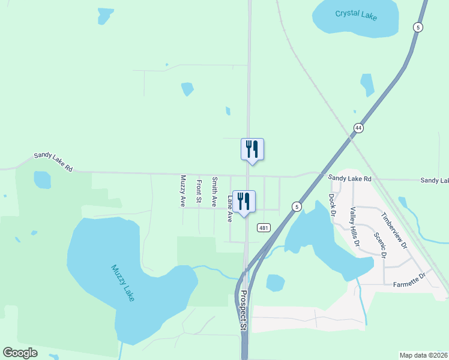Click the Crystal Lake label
(x=356, y=14)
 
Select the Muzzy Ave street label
(x=183, y=191)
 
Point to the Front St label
(x=199, y=191)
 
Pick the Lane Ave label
(x=229, y=208)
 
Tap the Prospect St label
(x=243, y=311)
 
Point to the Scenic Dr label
(x=379, y=244)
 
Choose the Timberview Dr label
(x=394, y=230)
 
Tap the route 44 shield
(x=358, y=128)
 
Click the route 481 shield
(x=263, y=227)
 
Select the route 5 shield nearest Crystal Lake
(x=417, y=27)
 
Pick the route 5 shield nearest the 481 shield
(x=296, y=206)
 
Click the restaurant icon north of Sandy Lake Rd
(x=252, y=149)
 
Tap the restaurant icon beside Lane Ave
(x=244, y=201)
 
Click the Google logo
(x=20, y=353)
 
